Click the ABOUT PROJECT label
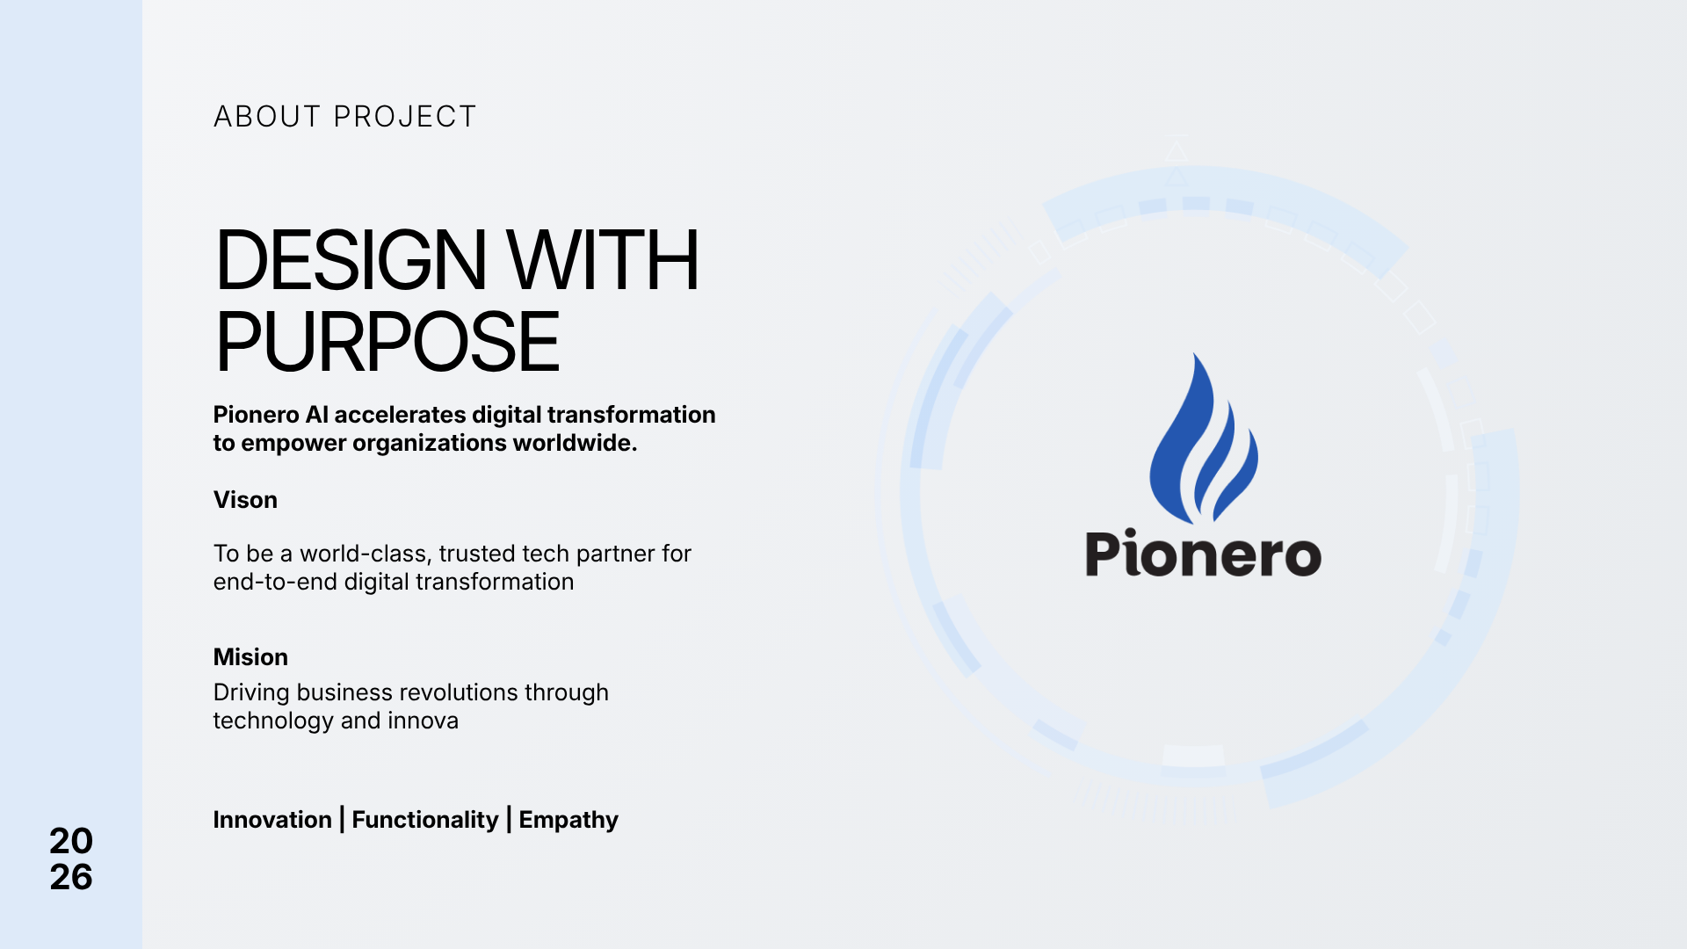click(344, 116)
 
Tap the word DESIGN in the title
click(350, 260)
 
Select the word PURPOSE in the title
click(387, 342)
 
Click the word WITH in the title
click(603, 260)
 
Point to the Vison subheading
click(245, 500)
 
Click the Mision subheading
click(250, 657)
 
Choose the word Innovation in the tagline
click(272, 820)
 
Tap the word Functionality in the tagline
click(425, 820)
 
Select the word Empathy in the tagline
click(568, 820)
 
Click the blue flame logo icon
click(1203, 438)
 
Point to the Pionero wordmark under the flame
click(1204, 553)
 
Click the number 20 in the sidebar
click(71, 841)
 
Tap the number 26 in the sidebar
click(71, 877)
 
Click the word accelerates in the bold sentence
click(400, 415)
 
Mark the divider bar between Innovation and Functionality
click(342, 820)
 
